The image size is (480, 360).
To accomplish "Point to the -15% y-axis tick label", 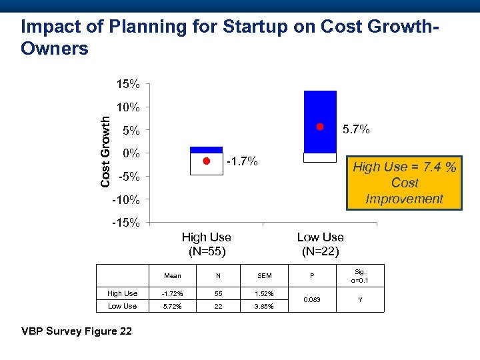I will (125, 223).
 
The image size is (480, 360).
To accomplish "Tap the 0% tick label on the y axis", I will (131, 153).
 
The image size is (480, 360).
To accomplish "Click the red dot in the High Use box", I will (207, 161).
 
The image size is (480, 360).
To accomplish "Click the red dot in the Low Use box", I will (320, 127).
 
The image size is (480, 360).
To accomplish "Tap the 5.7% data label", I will (356, 129).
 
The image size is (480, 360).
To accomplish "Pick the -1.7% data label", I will (242, 161).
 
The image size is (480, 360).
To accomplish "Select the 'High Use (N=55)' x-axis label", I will (207, 244).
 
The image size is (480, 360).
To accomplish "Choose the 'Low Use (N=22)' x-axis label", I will (320, 244).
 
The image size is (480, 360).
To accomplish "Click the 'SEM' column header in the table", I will (265, 275).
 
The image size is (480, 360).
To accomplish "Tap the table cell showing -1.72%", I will (171, 293).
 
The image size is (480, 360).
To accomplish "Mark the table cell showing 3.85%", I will (265, 306).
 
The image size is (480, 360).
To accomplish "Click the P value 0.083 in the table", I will (311, 299).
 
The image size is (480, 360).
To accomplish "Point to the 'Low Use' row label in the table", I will (122, 306).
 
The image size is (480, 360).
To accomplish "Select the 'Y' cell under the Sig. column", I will (360, 299).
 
